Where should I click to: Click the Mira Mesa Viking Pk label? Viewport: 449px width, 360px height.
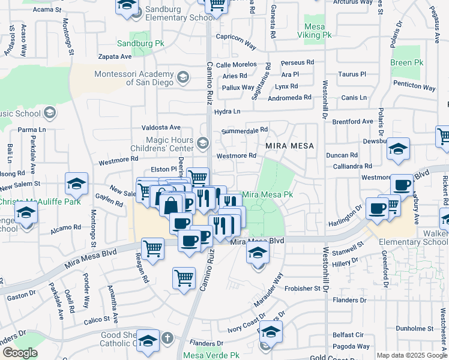[314, 31]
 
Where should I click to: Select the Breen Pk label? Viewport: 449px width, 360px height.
[406, 62]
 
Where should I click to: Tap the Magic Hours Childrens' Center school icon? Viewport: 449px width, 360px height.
[203, 142]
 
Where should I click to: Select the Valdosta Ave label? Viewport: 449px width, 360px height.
[160, 128]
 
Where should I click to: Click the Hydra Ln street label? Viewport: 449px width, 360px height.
[227, 112]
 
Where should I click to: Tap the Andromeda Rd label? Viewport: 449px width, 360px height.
[289, 97]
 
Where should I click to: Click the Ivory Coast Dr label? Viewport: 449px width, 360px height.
[246, 325]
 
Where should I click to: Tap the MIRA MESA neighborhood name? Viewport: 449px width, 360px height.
[286, 146]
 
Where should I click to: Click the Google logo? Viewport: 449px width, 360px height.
[20, 353]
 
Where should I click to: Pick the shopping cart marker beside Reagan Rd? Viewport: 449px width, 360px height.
[153, 248]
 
